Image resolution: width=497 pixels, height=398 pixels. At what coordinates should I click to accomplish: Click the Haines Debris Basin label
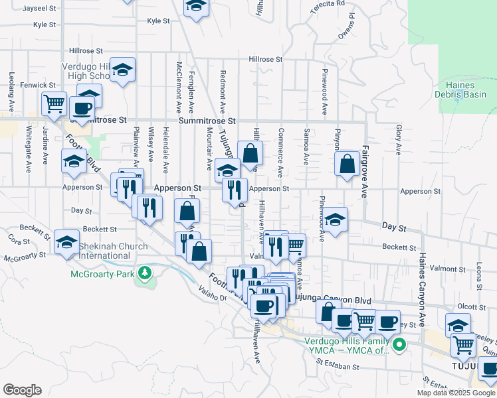tap(465, 90)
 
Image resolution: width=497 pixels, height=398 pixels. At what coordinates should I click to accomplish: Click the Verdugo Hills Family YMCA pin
tap(399, 344)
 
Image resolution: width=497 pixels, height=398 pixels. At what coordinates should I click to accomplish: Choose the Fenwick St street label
tap(38, 85)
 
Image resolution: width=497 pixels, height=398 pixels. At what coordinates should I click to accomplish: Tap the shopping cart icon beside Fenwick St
tap(53, 103)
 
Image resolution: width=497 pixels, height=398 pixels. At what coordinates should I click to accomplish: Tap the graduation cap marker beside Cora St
tap(66, 243)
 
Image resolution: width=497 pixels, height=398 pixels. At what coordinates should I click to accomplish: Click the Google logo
tap(22, 390)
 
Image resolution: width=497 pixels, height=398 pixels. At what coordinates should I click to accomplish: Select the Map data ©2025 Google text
tap(456, 393)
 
